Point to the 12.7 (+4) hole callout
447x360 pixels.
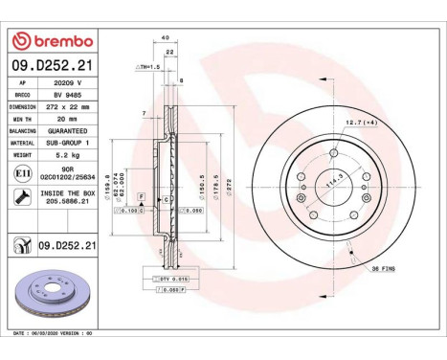[x=363, y=122]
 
